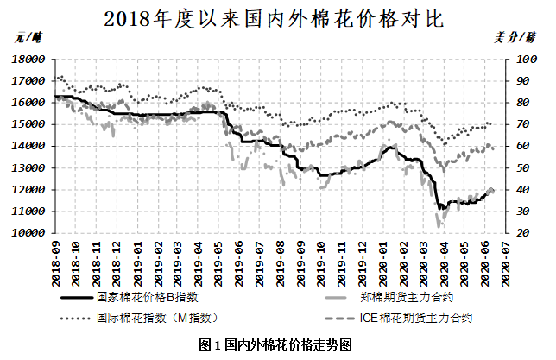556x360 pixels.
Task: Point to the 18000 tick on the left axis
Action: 28,59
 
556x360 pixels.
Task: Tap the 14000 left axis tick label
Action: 28,146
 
